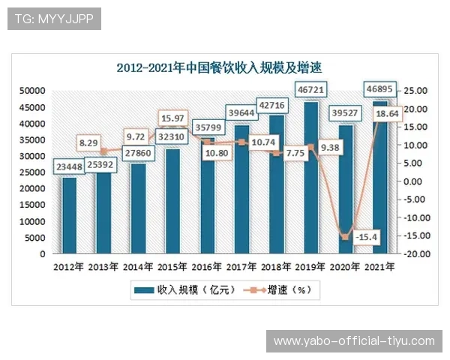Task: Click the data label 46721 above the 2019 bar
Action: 311,88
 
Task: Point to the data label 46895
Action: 380,88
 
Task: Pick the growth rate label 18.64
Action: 382,113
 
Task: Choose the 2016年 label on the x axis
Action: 208,267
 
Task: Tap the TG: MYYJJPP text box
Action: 53,19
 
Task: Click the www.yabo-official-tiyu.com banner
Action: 354,341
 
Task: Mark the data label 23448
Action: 69,168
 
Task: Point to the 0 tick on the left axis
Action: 43,253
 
